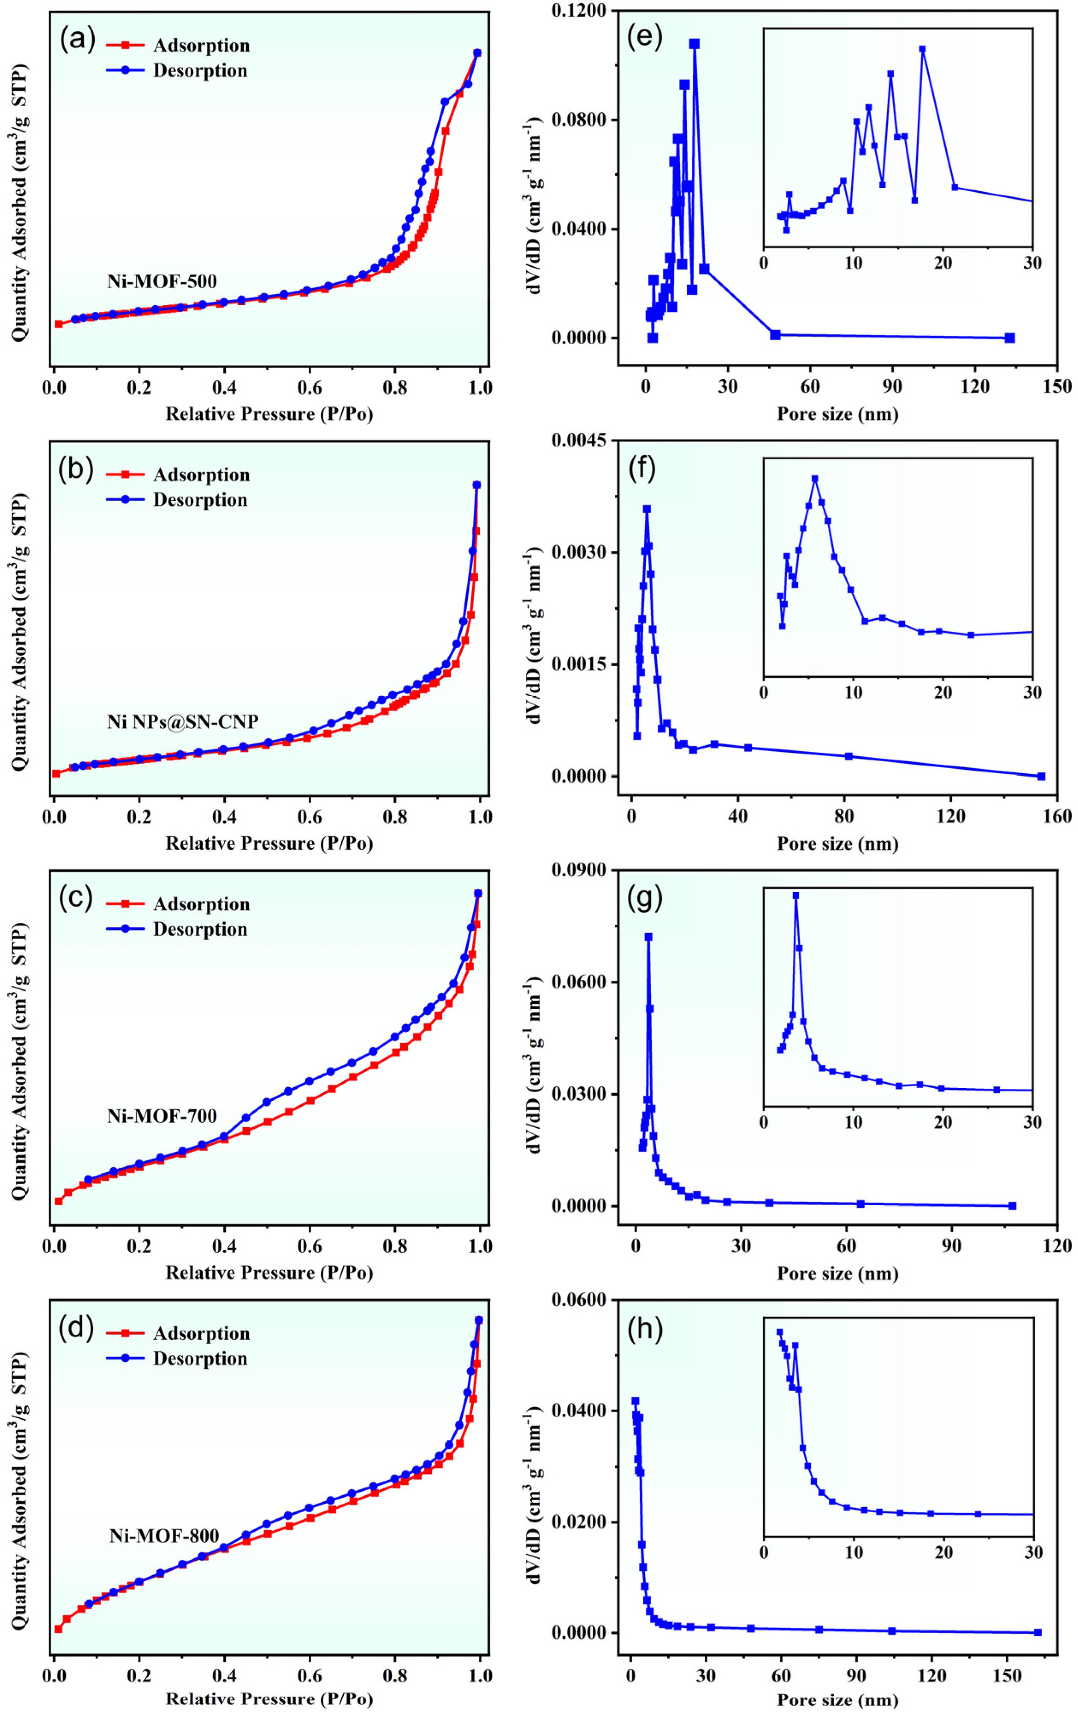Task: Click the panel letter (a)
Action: [x=77, y=38]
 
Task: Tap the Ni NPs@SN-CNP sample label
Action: [x=182, y=721]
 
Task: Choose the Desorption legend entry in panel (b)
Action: [x=199, y=500]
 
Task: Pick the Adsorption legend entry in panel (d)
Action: [x=201, y=1333]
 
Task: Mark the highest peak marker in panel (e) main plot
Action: [x=694, y=44]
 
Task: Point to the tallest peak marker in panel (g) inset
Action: [x=795, y=896]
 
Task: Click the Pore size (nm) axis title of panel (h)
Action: [x=837, y=1700]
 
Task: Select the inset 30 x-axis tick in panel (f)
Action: [x=1032, y=692]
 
